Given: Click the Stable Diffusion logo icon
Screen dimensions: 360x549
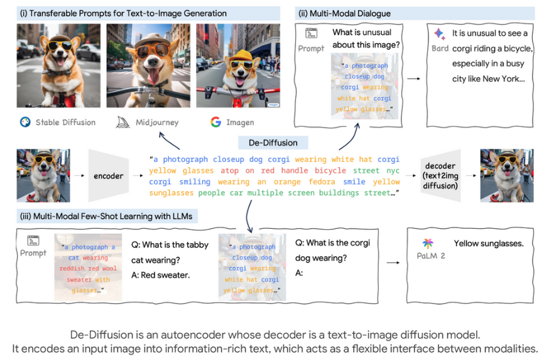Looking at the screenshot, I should (x=25, y=122).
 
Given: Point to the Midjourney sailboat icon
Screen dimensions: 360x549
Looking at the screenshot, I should (x=123, y=122).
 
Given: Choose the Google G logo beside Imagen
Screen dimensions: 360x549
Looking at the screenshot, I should (x=215, y=122).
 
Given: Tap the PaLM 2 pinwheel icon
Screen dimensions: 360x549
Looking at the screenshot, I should (x=427, y=243).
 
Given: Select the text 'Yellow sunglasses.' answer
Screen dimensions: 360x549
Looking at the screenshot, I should (x=489, y=244).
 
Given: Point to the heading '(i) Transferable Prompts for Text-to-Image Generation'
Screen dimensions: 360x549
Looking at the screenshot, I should (x=124, y=13).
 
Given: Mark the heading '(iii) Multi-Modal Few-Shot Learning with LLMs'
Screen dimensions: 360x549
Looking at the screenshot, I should (x=104, y=217).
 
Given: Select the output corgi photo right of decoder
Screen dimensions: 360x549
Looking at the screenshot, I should (x=506, y=175).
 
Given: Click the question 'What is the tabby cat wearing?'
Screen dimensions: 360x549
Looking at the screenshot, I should (x=170, y=252).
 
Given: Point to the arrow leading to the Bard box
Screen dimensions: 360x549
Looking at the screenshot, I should (x=414, y=79).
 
